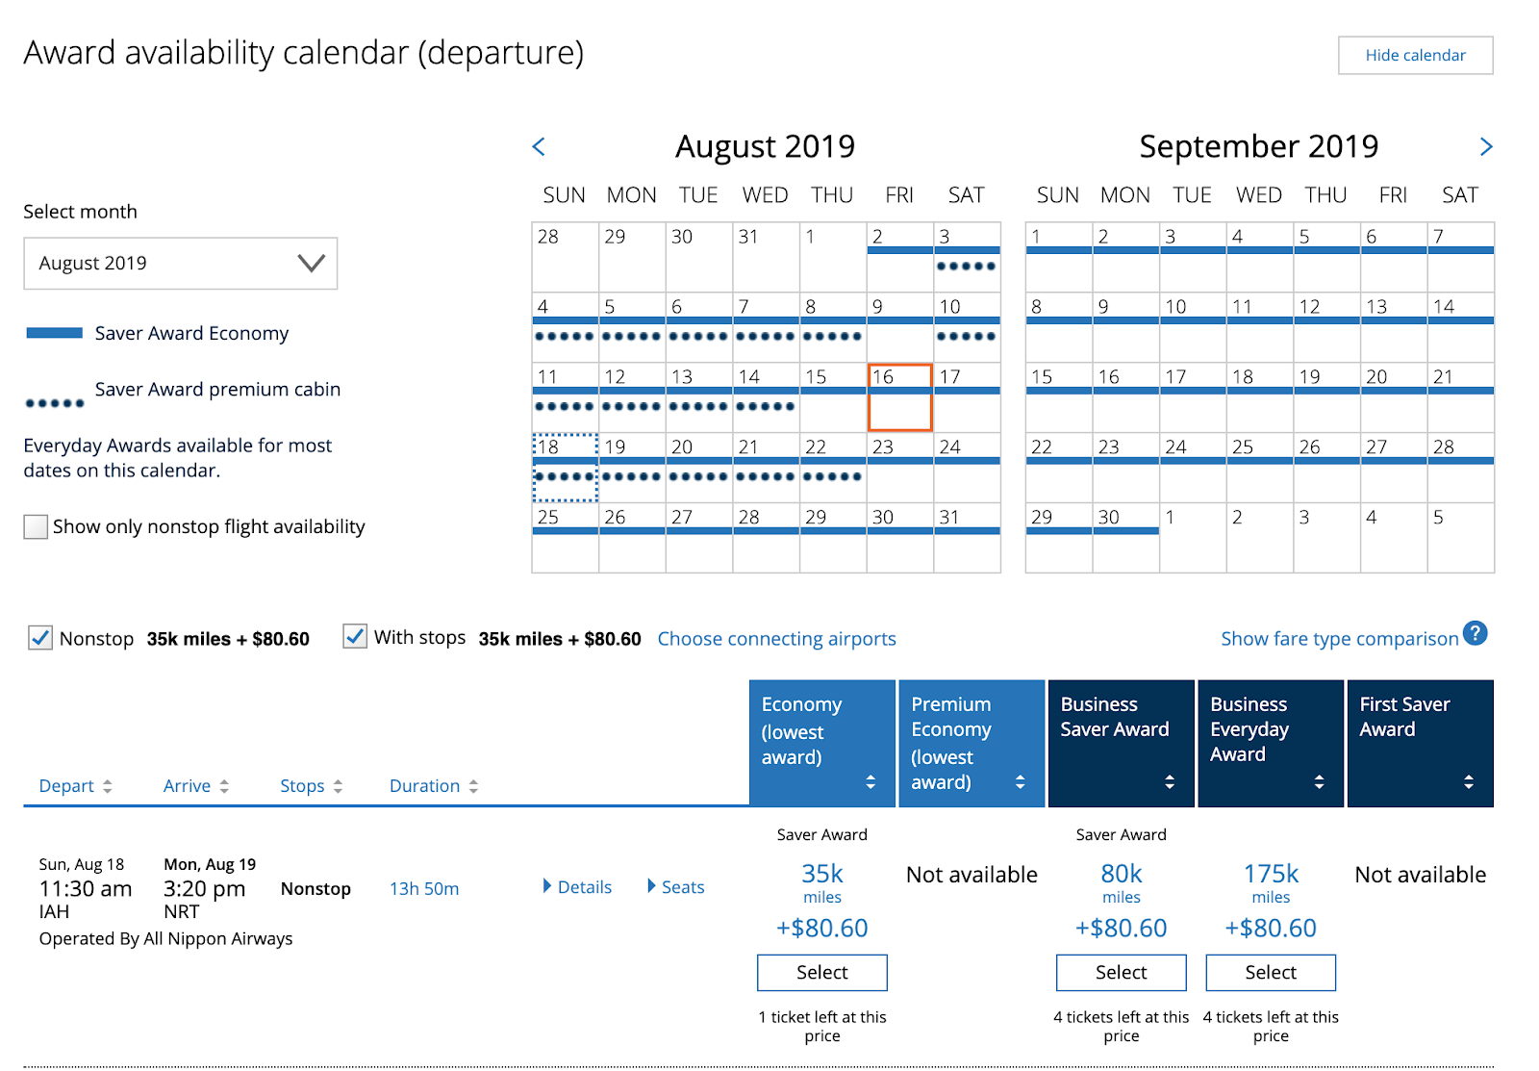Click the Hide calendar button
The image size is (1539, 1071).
[1415, 56]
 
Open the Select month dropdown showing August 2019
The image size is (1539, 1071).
[181, 264]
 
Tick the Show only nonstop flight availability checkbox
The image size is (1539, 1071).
[36, 527]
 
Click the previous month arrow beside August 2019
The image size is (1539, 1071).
[539, 146]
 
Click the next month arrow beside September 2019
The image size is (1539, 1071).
[1486, 146]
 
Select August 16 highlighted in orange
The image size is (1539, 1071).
[899, 396]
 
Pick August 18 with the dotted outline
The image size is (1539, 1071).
[566, 468]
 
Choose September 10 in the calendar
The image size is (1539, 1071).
[1193, 327]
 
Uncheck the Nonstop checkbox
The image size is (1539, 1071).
[40, 638]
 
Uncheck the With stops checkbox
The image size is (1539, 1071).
[355, 637]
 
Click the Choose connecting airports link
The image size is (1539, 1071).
[776, 639]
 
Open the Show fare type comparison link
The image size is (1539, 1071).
[1339, 639]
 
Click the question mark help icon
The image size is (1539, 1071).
[1475, 633]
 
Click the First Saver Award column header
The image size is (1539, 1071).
[1420, 743]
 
